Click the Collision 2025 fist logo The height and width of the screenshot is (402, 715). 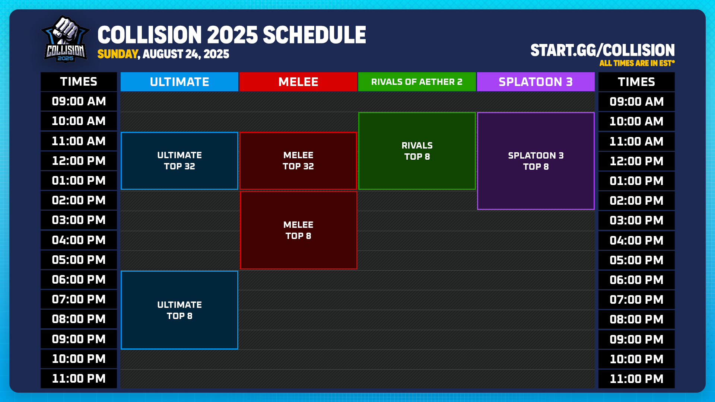click(66, 39)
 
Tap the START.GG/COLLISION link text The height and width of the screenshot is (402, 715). click(602, 51)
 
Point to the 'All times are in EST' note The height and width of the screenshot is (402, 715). click(636, 63)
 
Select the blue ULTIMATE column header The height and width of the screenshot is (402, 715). click(179, 82)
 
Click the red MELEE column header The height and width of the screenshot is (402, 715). click(298, 82)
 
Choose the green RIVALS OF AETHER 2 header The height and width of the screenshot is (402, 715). click(417, 82)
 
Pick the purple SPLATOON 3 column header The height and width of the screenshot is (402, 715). click(536, 82)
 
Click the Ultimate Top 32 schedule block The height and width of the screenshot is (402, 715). click(179, 161)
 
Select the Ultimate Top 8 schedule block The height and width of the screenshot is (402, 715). click(179, 310)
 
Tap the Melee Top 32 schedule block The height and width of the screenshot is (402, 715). click(298, 161)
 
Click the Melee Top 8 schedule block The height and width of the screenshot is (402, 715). click(298, 230)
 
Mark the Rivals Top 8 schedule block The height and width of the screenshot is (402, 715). click(417, 151)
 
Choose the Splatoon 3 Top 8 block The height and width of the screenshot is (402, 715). click(536, 161)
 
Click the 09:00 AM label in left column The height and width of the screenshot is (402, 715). click(79, 101)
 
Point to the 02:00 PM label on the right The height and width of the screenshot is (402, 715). click(636, 201)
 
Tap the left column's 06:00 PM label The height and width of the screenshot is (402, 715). click(79, 280)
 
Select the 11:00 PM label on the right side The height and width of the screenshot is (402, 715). click(636, 379)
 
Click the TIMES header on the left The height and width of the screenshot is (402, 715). click(79, 82)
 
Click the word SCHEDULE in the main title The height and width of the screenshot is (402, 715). click(314, 35)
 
